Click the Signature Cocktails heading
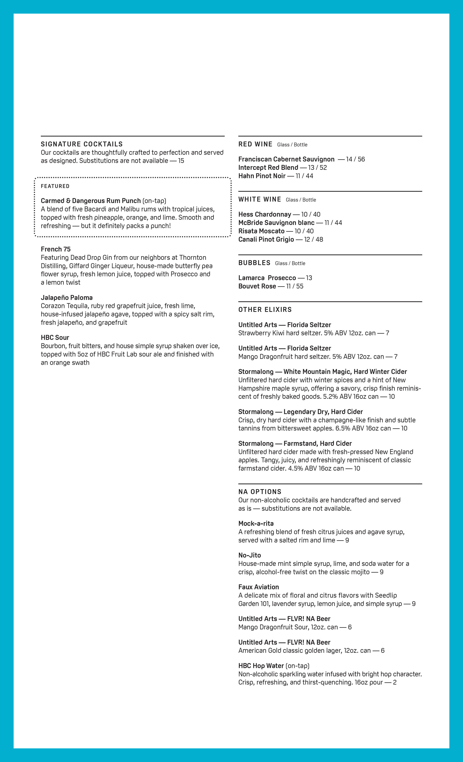click(82, 144)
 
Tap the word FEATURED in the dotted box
click(55, 186)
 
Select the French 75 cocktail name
click(56, 249)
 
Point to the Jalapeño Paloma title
click(66, 298)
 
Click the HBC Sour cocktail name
click(55, 337)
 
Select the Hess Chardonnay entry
click(265, 214)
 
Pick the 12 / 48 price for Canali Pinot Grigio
click(313, 239)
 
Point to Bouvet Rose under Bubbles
click(257, 286)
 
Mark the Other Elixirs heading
click(265, 310)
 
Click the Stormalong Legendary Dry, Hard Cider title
click(300, 412)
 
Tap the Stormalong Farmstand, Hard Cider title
click(295, 443)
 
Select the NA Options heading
click(260, 492)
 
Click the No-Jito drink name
click(249, 555)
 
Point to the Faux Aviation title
click(258, 587)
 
